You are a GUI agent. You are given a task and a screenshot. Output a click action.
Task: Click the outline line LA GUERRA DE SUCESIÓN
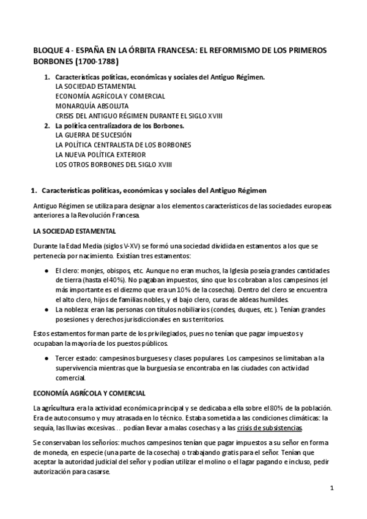pos(93,135)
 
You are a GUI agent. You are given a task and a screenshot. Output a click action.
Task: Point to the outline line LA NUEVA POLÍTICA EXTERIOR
pos(100,155)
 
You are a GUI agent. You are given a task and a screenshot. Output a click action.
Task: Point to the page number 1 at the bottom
pos(331,488)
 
